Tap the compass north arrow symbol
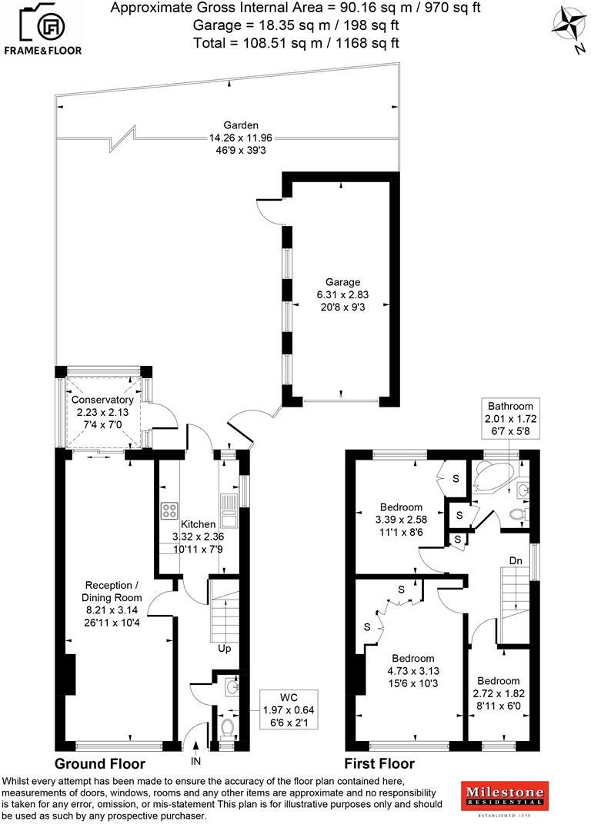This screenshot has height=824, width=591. point(571,24)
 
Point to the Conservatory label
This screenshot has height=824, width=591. point(102,412)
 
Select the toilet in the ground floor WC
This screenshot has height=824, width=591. point(227,727)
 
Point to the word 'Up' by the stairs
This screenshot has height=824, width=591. point(225,649)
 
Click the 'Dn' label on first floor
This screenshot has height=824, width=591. point(516,561)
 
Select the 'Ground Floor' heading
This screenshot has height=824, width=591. point(99,764)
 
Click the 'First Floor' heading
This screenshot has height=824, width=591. point(379,764)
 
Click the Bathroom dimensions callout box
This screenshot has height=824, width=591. point(509,418)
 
